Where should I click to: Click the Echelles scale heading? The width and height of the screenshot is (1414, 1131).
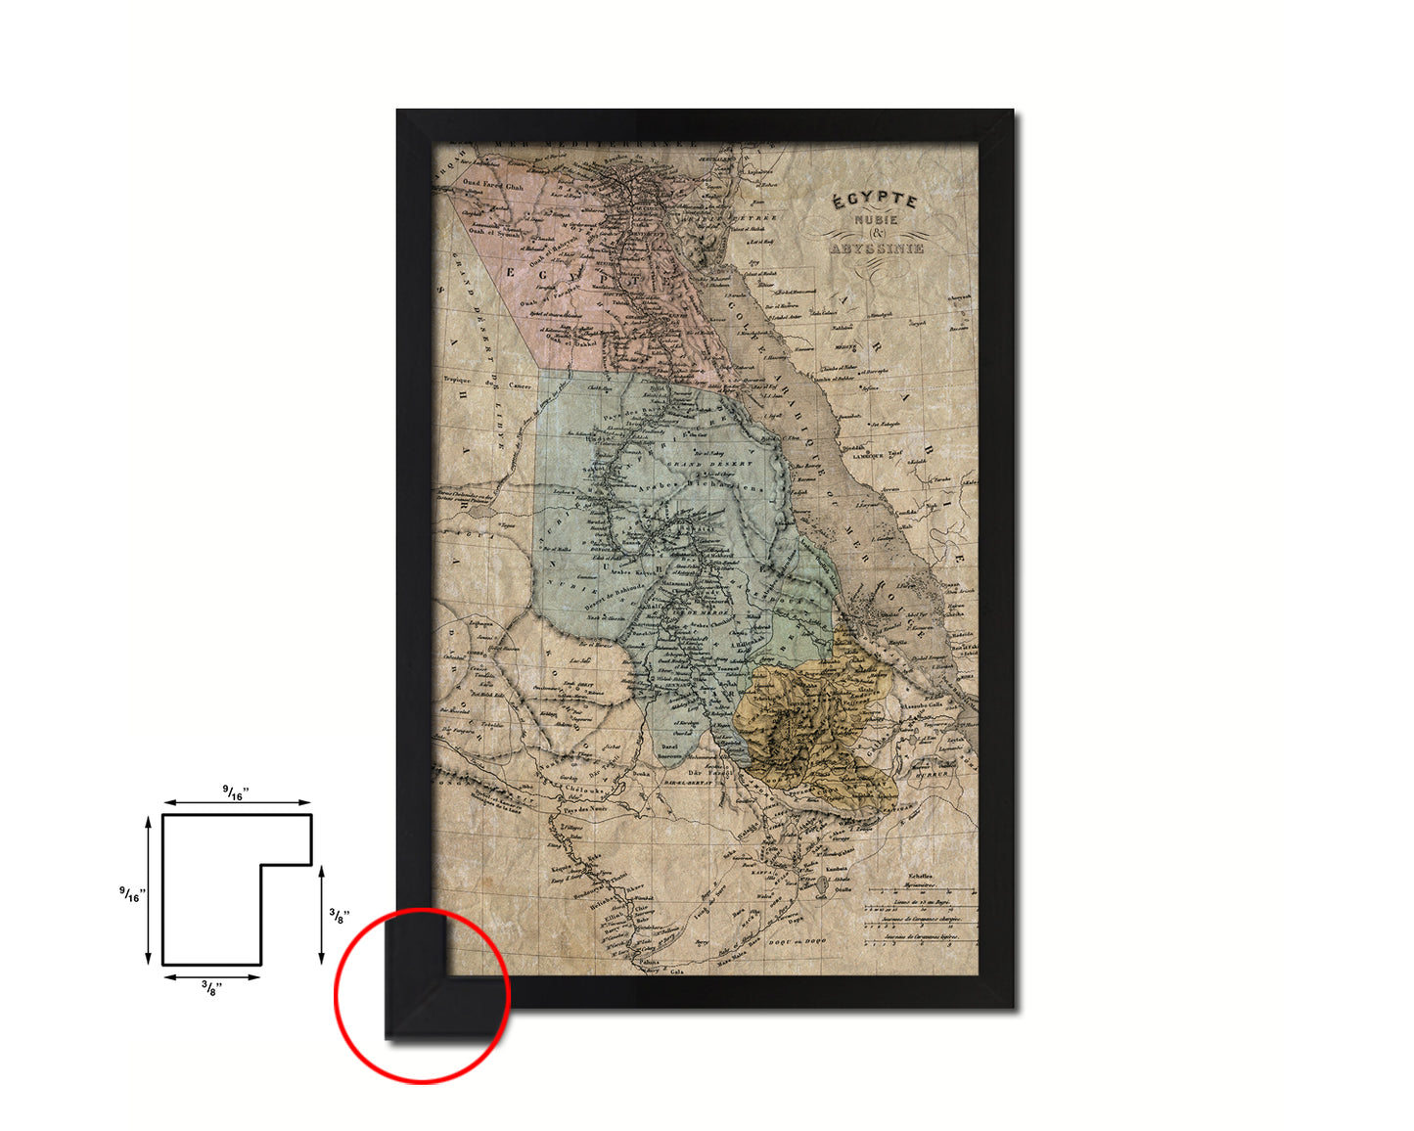point(920,877)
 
